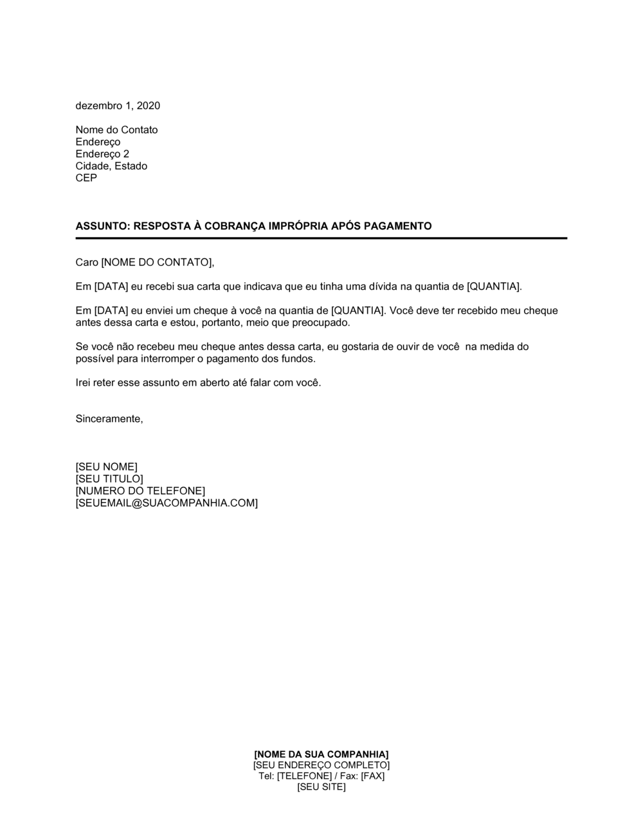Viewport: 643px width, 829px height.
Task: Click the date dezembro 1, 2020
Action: (118, 106)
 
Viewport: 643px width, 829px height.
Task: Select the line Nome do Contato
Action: (116, 130)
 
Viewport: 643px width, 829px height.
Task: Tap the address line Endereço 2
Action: (102, 154)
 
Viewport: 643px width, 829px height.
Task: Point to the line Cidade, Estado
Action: (111, 166)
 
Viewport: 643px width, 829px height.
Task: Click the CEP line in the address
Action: (86, 178)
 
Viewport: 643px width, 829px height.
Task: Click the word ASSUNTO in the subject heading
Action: (102, 226)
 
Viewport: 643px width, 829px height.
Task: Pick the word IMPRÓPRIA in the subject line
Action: (303, 226)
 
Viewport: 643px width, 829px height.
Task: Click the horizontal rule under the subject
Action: (321, 238)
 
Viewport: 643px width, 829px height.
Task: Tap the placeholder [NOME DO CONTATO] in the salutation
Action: (156, 262)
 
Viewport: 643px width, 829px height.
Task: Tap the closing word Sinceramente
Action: (109, 419)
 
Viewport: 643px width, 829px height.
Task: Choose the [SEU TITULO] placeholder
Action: (109, 479)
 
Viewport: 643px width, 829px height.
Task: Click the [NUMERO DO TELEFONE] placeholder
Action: (140, 491)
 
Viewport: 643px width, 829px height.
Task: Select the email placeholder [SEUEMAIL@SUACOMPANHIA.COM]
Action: (167, 503)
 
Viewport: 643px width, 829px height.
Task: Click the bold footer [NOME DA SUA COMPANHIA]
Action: (321, 754)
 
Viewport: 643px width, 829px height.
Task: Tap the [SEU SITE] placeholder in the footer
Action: (321, 787)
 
